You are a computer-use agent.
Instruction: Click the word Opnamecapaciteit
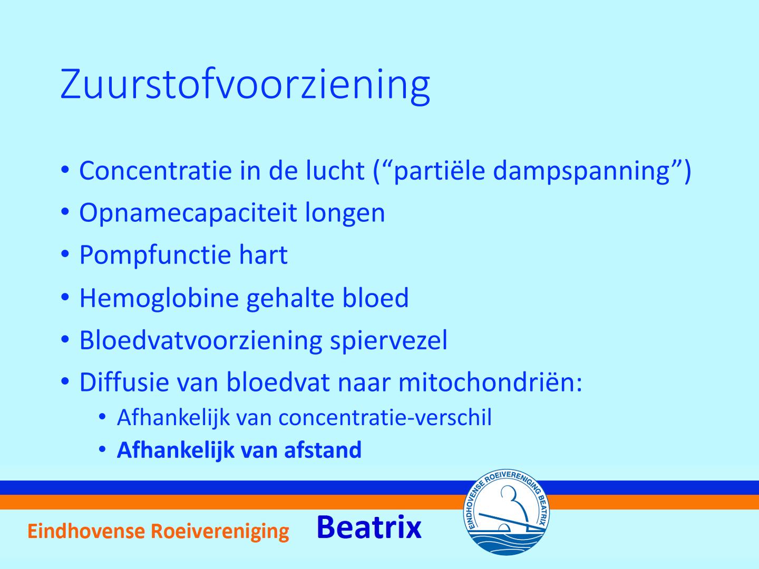pyautogui.click(x=188, y=213)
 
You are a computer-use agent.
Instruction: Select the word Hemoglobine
pyautogui.click(x=159, y=298)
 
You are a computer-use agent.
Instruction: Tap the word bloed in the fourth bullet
pyautogui.click(x=375, y=298)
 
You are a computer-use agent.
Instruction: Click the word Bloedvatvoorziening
pyautogui.click(x=201, y=340)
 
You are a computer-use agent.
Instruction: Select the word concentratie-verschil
pyautogui.click(x=385, y=417)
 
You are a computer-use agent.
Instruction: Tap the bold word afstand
pyautogui.click(x=323, y=450)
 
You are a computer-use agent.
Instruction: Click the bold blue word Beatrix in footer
pyautogui.click(x=369, y=527)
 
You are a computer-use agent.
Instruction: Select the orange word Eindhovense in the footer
pyautogui.click(x=86, y=531)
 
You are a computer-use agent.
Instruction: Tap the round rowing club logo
pyautogui.click(x=506, y=512)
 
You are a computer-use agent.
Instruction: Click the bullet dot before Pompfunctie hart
pyautogui.click(x=65, y=254)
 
